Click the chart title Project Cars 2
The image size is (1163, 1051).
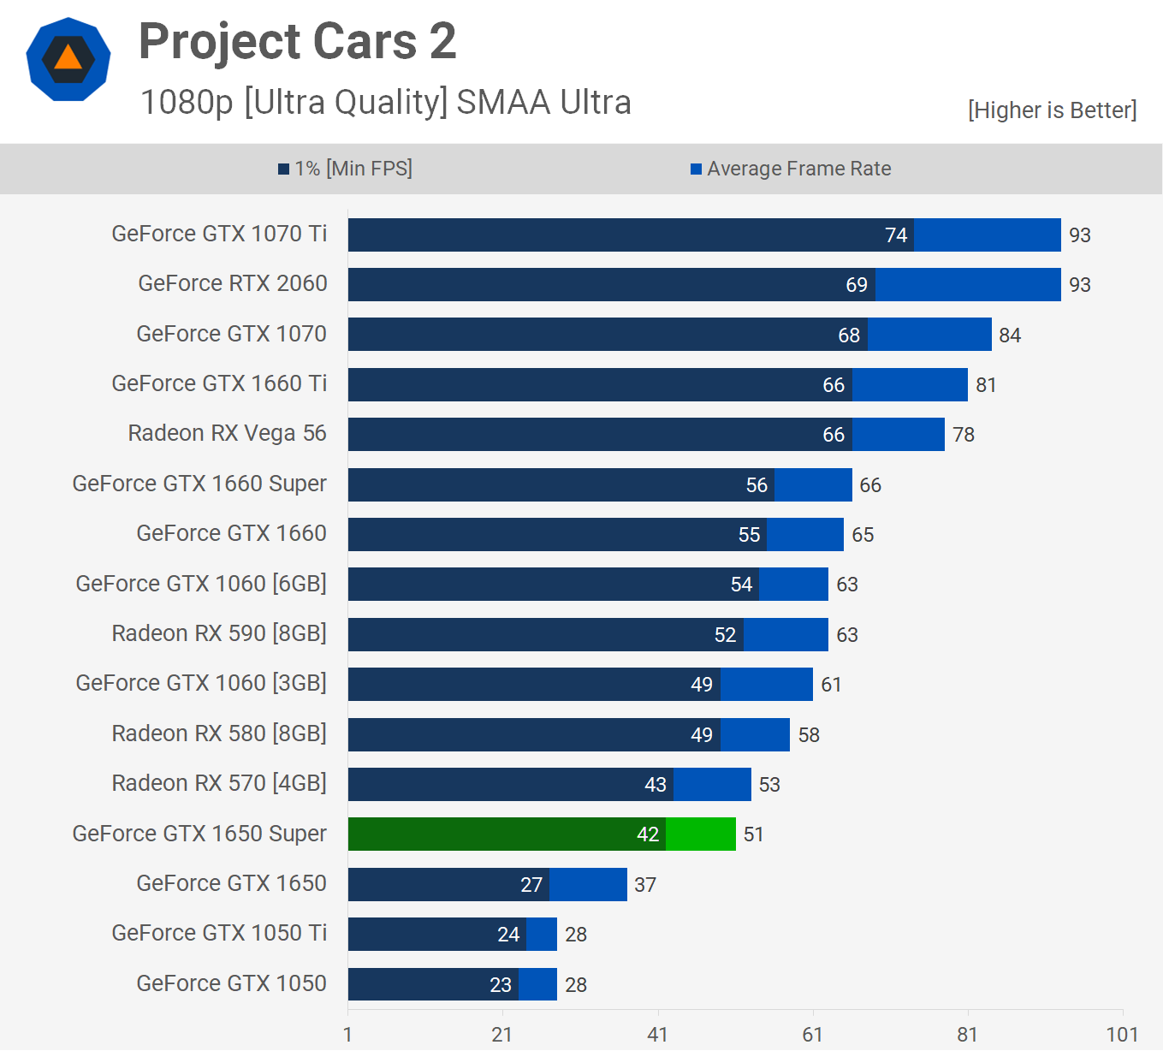297,41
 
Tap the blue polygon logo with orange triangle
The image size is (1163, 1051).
68,59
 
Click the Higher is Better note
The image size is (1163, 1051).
1052,110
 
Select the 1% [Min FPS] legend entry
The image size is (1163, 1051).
345,169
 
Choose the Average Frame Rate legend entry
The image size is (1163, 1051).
791,169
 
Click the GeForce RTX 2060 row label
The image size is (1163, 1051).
232,283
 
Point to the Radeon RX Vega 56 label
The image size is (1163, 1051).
227,433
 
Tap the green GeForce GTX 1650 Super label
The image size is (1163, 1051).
199,834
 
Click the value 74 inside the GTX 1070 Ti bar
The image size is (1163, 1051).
895,235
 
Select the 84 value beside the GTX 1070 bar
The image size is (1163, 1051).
1010,335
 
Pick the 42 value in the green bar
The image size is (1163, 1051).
648,834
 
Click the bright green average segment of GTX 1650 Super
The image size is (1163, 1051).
701,834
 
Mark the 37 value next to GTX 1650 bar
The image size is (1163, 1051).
645,885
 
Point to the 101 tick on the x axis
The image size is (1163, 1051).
1122,1035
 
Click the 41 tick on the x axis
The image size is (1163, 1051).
657,1035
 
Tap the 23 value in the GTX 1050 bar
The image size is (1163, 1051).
501,985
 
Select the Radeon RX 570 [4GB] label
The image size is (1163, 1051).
219,783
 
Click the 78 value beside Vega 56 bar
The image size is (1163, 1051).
964,435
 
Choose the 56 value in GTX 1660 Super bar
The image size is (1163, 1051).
757,485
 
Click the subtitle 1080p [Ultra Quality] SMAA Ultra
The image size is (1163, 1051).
385,102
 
